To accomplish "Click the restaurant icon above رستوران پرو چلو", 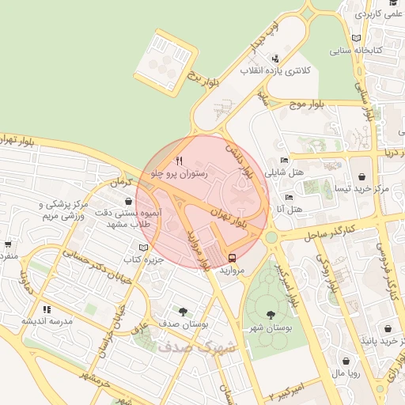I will pyautogui.click(x=179, y=161).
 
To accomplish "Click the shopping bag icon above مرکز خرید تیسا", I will pyautogui.click(x=361, y=176).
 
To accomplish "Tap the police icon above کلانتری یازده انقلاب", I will pyautogui.click(x=274, y=59).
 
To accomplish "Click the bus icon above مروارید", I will pyautogui.click(x=232, y=257).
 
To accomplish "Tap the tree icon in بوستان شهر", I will pyautogui.click(x=271, y=315).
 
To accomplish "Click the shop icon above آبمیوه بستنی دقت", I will pyautogui.click(x=128, y=202).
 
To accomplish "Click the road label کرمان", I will pyautogui.click(x=119, y=182).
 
